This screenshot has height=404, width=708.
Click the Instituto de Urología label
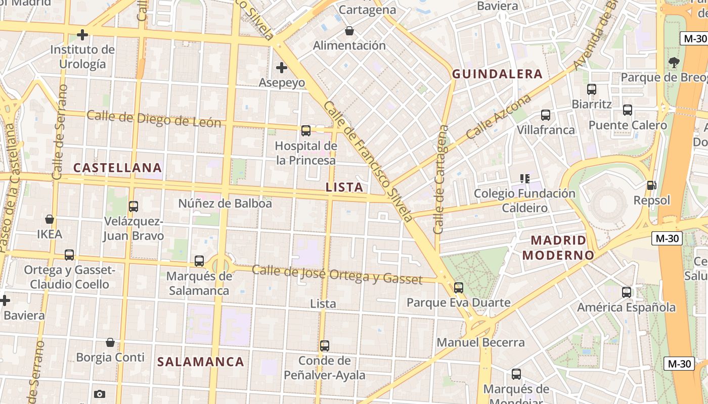coord(82,57)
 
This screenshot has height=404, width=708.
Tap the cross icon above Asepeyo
coord(282,67)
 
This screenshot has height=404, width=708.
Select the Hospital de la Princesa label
coord(305,153)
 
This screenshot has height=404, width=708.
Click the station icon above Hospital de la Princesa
coord(306,131)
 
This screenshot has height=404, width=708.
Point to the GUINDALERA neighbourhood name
coord(497,74)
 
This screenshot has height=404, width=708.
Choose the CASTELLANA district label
coord(118,168)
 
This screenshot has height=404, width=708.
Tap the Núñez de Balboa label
coord(225,204)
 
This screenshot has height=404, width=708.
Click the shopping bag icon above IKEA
coord(50,219)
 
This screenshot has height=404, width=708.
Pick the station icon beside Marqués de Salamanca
coord(199,261)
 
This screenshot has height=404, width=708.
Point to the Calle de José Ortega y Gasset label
coord(337,274)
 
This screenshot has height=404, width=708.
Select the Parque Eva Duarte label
coord(459,303)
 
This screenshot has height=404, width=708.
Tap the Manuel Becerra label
coord(480,342)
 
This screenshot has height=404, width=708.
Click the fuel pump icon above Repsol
coord(652,186)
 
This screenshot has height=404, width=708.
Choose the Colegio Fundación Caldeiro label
coord(524,200)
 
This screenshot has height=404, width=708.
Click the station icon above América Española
coord(627,292)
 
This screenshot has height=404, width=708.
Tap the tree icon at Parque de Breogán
coord(674,63)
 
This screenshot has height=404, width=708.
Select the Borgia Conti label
coord(110,358)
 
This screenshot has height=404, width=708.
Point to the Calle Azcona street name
coord(499,117)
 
